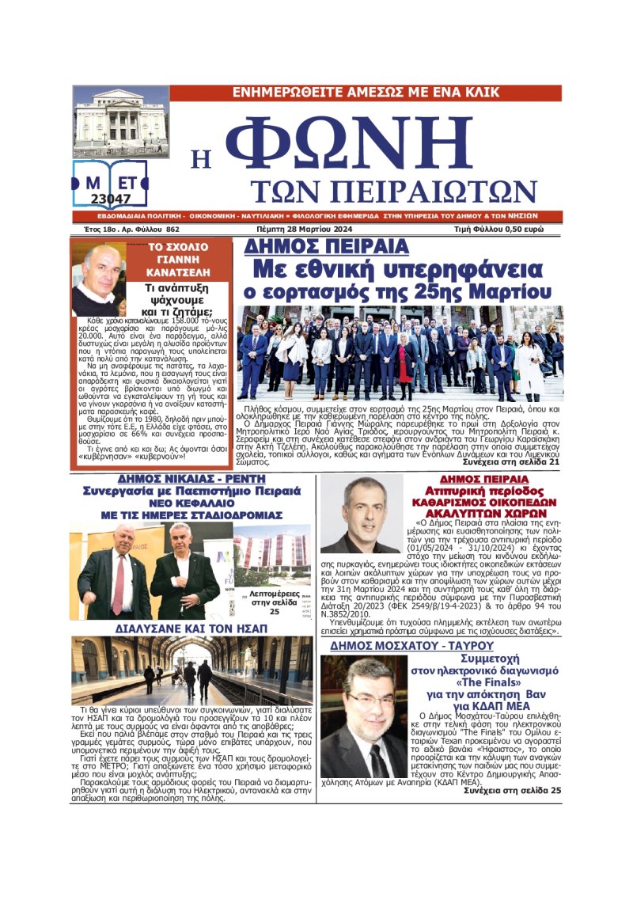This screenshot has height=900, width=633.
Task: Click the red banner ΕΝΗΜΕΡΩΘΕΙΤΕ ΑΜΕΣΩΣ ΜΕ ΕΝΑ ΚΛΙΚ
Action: coord(366,93)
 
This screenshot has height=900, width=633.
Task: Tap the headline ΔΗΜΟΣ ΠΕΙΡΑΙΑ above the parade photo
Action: coord(326,247)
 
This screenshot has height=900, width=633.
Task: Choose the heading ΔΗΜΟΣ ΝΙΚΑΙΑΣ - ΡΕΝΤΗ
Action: coord(194,479)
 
